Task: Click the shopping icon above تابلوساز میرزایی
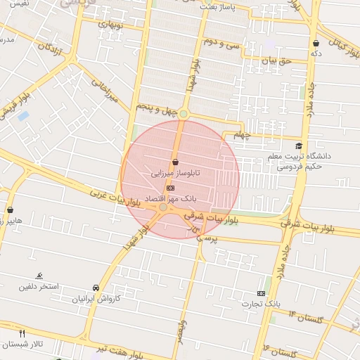[174, 162]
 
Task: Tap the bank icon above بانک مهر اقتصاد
[170, 188]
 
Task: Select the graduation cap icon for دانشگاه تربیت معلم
[300, 146]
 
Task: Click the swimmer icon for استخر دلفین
[39, 276]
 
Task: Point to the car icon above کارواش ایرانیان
[95, 288]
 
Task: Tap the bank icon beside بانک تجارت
[262, 293]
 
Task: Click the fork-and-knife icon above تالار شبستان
[22, 333]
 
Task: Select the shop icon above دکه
[316, 44]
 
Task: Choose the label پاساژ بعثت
[219, 6]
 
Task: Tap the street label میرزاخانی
[101, 91]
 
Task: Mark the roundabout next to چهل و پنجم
[184, 114]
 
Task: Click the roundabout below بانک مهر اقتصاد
[163, 207]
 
